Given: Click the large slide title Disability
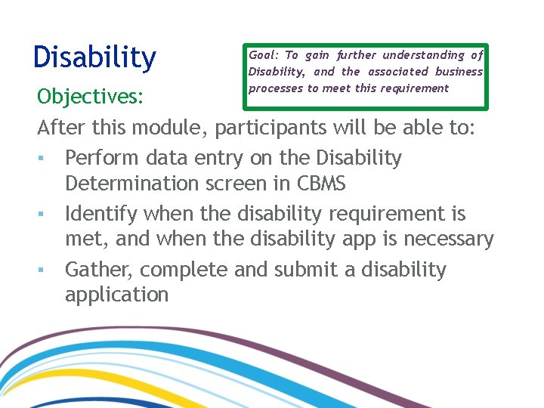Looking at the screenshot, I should pyautogui.click(x=95, y=57).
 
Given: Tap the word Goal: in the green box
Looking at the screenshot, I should pyautogui.click(x=264, y=55).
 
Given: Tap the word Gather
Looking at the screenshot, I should pyautogui.click(x=99, y=270).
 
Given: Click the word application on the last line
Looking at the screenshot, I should pyautogui.click(x=117, y=294).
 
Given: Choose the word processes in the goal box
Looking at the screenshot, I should pyautogui.click(x=276, y=88).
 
